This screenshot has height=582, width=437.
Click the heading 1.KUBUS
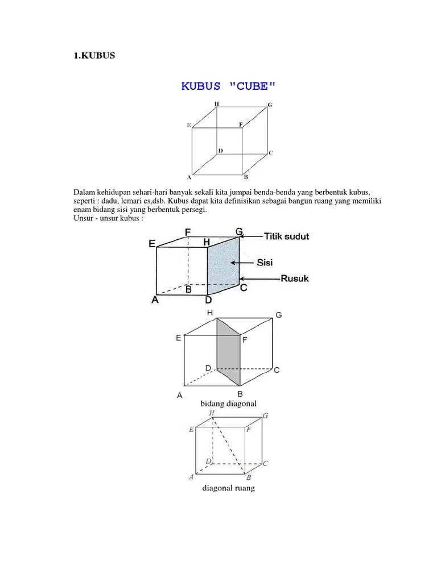point(94,56)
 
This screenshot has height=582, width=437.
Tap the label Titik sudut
point(287,236)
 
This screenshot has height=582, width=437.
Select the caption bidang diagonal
point(228,404)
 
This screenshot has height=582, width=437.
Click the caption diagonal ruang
point(228,488)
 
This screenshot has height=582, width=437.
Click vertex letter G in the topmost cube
point(270,106)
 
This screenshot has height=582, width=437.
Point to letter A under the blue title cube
point(189,177)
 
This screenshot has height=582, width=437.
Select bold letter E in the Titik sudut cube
point(152,243)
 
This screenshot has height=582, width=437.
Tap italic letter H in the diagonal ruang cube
point(212,413)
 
